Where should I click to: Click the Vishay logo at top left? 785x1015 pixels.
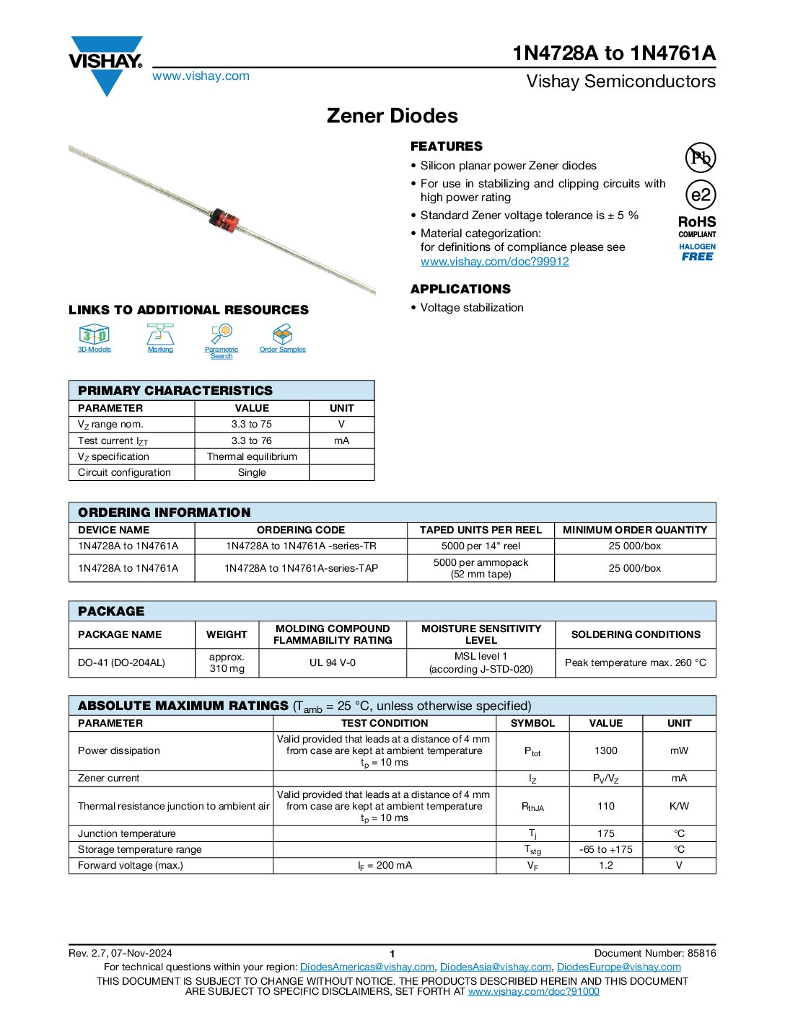coord(106,63)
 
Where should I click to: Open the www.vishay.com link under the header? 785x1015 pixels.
coord(201,76)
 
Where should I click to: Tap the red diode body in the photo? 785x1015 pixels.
coord(224,220)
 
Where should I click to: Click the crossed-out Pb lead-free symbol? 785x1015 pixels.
coord(700,157)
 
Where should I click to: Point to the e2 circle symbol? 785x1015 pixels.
coord(700,195)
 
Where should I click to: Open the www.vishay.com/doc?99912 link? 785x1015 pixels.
coord(494,262)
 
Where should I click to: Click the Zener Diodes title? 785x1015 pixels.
coord(392,116)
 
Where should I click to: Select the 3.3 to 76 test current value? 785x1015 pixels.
coord(252,440)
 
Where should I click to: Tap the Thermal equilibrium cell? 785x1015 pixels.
coord(252,456)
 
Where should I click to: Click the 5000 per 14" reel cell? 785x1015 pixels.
coord(481,546)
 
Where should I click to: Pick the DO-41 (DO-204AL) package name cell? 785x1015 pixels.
coord(121,662)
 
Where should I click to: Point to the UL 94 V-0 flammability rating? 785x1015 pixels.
coord(333,662)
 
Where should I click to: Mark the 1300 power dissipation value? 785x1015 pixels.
coord(605,750)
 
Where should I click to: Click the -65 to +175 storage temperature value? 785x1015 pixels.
coord(605,849)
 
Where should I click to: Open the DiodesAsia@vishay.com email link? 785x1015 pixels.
coord(495,967)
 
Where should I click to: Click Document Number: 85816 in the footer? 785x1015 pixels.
coord(655,953)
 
